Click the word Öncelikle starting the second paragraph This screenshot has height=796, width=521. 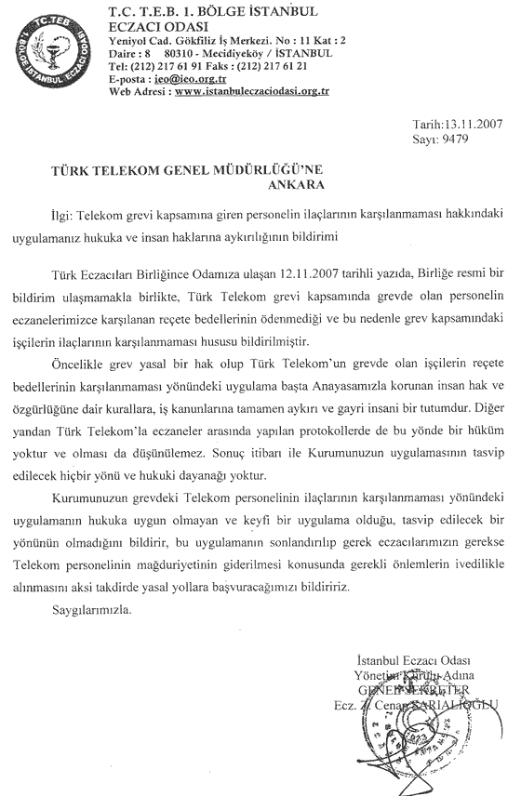coord(79,354)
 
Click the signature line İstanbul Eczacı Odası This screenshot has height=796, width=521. coord(421,659)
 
